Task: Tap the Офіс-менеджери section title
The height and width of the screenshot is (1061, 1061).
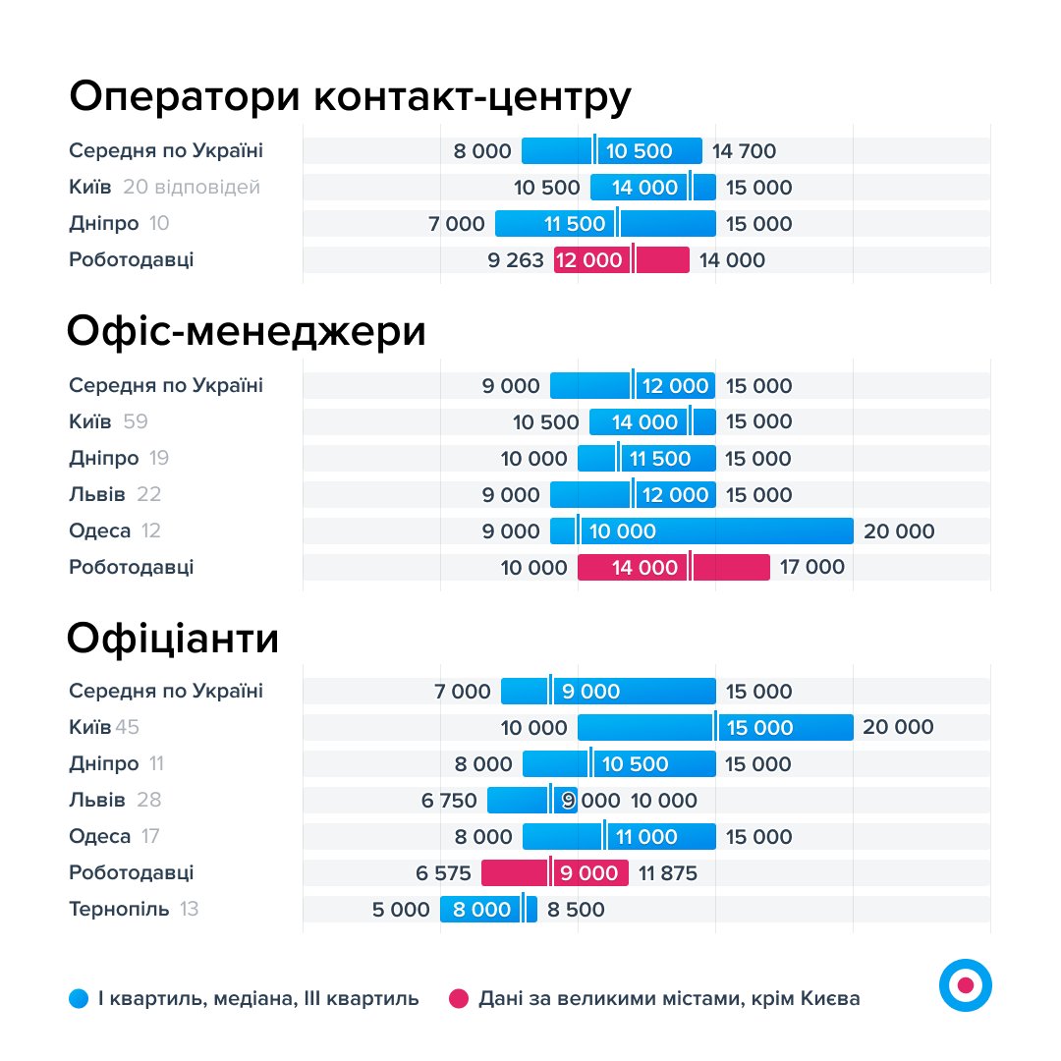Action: [x=247, y=332]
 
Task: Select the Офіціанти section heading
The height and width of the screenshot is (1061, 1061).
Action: [x=173, y=639]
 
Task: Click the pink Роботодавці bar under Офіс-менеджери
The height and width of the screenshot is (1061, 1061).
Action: [x=673, y=567]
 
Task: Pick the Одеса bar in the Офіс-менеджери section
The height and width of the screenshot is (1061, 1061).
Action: [x=701, y=531]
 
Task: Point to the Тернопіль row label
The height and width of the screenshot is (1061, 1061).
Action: [x=119, y=909]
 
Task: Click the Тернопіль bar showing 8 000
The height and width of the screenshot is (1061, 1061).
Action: [x=488, y=910]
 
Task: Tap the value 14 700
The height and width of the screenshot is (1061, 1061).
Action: [x=744, y=151]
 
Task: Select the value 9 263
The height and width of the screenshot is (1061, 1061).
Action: [x=515, y=260]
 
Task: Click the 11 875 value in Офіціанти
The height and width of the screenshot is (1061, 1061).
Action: [x=668, y=873]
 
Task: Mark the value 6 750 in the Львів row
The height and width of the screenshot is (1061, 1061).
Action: [x=449, y=801]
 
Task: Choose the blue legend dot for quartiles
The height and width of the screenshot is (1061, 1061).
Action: [x=79, y=999]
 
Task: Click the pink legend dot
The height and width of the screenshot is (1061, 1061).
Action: [x=459, y=999]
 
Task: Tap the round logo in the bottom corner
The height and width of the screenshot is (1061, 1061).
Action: [x=965, y=984]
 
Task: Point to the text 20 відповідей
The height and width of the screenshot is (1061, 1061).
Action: [x=192, y=187]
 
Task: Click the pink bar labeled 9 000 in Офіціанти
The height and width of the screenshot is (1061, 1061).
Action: [x=554, y=873]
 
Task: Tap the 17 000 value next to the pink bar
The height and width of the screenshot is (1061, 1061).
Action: [x=811, y=567]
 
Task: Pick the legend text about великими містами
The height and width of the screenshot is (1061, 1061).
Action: [x=669, y=999]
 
